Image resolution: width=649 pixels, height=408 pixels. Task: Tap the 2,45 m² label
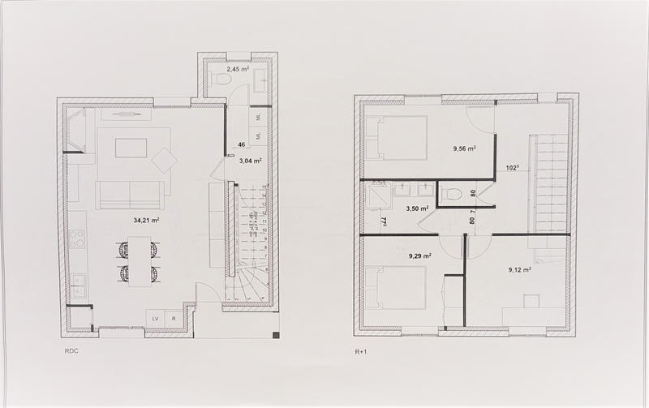238,70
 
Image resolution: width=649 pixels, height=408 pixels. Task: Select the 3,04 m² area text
250,161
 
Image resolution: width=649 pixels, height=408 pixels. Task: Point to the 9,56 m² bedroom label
463,148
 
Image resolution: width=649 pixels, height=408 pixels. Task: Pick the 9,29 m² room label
419,256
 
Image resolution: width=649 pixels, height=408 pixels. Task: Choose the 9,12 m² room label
519,270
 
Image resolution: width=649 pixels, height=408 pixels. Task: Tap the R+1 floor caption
362,352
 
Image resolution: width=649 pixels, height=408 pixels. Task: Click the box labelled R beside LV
174,318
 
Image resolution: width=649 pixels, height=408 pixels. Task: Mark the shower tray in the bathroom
377,195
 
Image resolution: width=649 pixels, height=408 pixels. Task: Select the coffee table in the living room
131,148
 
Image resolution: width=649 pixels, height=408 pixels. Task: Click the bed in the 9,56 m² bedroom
396,137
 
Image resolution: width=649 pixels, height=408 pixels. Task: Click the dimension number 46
241,144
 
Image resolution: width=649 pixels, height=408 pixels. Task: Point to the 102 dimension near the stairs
512,169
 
